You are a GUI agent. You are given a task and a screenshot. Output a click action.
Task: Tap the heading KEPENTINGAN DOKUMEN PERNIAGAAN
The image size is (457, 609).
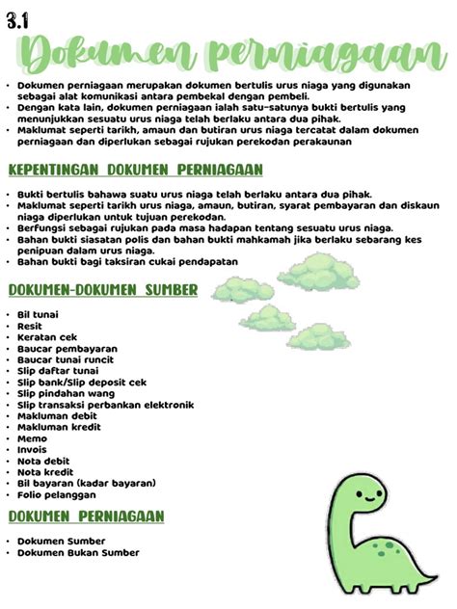(x=135, y=171)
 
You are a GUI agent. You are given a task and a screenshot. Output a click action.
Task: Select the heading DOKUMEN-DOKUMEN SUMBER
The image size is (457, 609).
(x=103, y=289)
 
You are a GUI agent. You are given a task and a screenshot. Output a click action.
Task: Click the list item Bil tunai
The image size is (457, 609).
(x=39, y=315)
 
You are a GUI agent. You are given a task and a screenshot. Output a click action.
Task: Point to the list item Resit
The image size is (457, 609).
(x=31, y=326)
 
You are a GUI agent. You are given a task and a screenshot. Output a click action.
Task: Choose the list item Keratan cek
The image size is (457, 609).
(x=46, y=337)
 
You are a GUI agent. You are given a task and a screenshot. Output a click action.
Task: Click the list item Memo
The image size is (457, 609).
(x=32, y=437)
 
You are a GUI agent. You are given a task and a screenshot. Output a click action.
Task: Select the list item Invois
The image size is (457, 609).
(x=34, y=449)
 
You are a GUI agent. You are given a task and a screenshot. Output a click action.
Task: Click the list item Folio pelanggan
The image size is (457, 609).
(x=57, y=494)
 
